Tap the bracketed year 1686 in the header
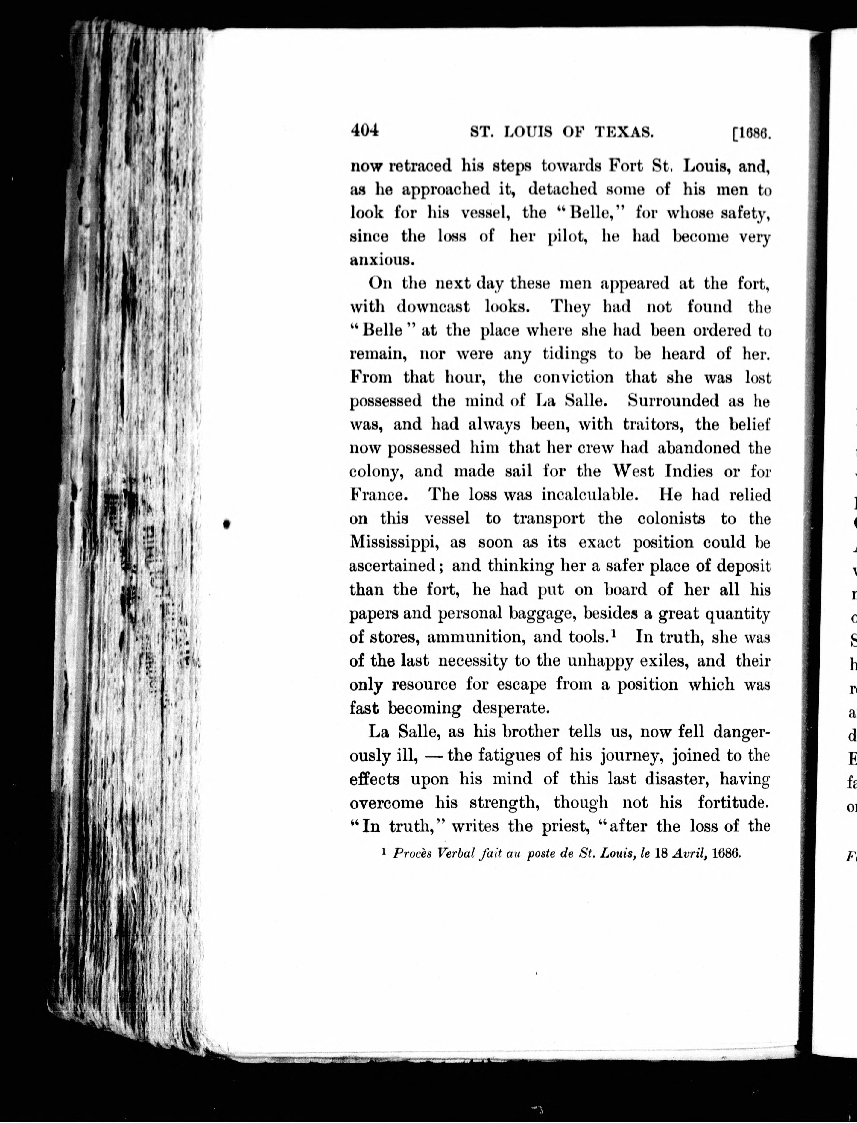pos(751,134)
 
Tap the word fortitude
pos(733,802)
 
